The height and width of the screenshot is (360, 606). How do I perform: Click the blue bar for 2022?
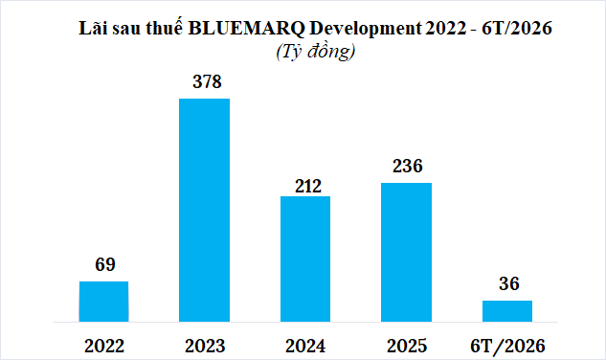(103, 302)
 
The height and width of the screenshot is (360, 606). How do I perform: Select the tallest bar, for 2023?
(204, 210)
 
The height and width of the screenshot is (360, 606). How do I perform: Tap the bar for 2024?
(305, 259)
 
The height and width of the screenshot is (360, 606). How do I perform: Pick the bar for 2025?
(406, 252)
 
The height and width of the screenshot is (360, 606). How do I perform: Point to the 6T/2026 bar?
(507, 311)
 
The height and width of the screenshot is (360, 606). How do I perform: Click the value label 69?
(105, 264)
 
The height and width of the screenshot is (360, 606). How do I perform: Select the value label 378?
(207, 81)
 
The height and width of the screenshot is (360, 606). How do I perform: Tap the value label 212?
(308, 187)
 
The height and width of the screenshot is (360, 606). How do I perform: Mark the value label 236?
(408, 166)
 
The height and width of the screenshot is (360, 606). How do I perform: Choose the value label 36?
(509, 283)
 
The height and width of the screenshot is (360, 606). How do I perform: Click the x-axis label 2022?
(104, 346)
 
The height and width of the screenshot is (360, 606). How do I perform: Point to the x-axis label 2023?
(205, 346)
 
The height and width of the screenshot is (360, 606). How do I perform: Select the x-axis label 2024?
(305, 346)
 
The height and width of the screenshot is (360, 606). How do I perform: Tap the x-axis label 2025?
(407, 346)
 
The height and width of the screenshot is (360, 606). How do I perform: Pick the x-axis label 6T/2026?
(507, 346)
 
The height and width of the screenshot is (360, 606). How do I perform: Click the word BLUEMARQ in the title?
(246, 28)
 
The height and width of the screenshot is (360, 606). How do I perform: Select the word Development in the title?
(366, 28)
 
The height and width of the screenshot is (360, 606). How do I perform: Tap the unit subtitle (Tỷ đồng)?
(316, 52)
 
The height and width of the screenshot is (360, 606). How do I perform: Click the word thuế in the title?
(165, 28)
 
